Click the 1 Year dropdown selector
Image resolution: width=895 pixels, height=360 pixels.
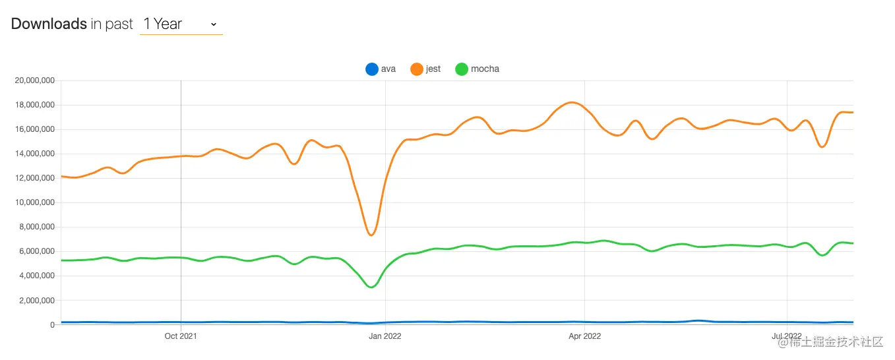coord(181,24)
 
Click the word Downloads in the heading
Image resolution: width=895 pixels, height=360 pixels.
coord(49,24)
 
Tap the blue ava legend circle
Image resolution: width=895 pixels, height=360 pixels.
coord(372,69)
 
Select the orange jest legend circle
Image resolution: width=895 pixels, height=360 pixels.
coord(417,69)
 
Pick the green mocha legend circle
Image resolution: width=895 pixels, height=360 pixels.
coord(462,69)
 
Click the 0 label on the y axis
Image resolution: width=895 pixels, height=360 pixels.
coord(51,325)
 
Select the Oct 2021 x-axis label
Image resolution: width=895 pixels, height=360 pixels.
coord(181,336)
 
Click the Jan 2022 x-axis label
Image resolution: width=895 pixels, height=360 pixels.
coord(385,336)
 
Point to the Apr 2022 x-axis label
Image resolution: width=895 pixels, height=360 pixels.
coord(585,336)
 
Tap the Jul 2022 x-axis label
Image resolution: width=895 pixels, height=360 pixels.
coord(787,336)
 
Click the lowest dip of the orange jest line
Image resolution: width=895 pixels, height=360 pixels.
coord(371,235)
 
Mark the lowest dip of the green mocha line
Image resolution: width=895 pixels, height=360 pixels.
coord(371,287)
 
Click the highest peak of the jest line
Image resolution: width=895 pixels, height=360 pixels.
coord(572,102)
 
